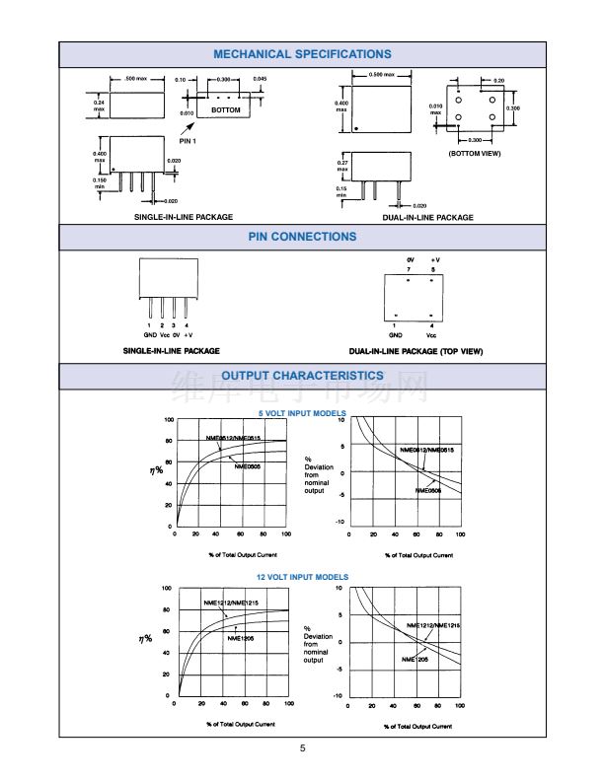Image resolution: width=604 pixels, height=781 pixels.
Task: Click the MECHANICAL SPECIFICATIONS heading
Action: tap(302, 54)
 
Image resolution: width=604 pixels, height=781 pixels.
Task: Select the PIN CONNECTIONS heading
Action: tap(302, 237)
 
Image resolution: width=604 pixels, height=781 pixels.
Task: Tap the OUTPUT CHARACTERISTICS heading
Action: tap(302, 376)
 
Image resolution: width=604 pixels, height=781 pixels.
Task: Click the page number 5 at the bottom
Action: tap(303, 748)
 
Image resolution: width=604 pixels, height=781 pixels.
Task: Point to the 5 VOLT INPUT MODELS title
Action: tap(302, 412)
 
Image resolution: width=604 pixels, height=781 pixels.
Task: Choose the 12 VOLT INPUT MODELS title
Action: tap(302, 577)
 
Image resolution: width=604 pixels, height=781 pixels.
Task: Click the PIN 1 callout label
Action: tap(188, 141)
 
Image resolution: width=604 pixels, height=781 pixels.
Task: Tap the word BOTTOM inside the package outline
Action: tap(225, 110)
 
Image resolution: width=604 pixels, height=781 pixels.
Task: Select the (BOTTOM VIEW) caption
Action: tap(475, 154)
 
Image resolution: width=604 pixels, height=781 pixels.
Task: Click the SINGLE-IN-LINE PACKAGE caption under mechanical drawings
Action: tap(184, 217)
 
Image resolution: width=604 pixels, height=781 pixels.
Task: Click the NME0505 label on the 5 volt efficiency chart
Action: tap(248, 466)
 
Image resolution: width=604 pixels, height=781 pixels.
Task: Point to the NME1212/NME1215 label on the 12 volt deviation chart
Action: tap(433, 625)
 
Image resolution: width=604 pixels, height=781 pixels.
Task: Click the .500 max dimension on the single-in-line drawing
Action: tap(136, 78)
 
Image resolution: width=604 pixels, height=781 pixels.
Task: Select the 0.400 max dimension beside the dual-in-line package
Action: tap(342, 106)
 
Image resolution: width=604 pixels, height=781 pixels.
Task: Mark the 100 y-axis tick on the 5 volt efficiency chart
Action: tap(169, 420)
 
